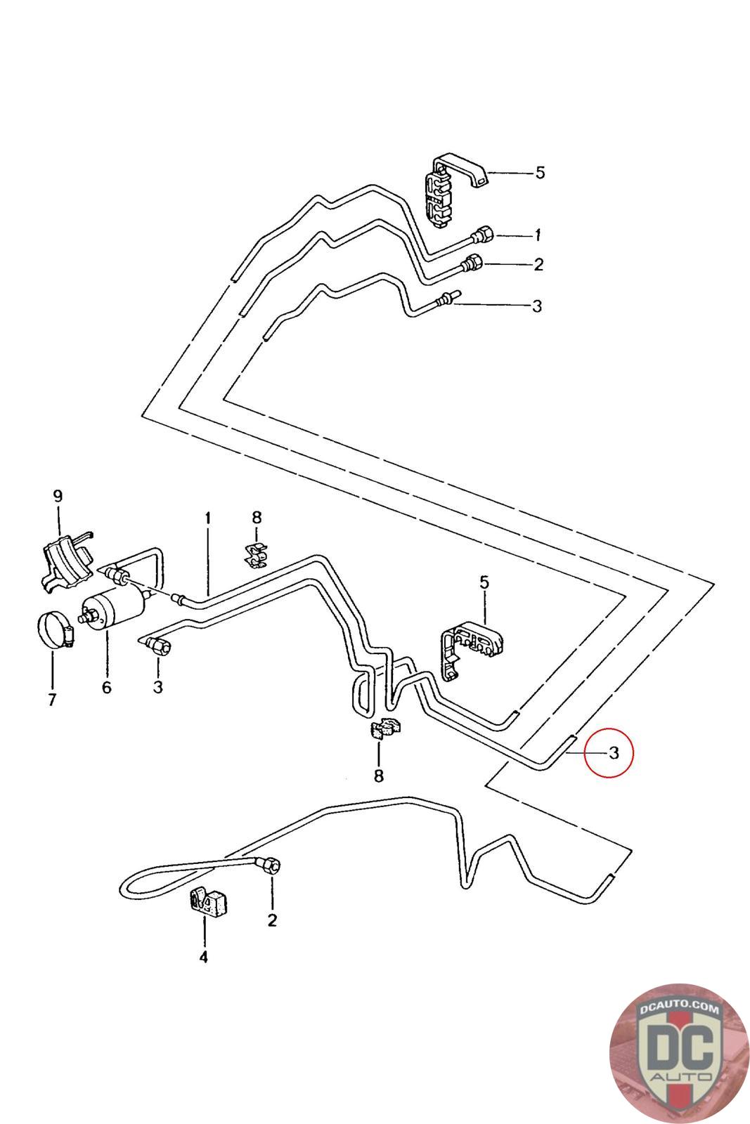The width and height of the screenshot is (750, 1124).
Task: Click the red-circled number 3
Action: [x=614, y=753]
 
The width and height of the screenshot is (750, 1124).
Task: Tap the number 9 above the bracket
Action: [x=58, y=496]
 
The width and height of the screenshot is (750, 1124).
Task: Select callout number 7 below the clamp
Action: [x=52, y=700]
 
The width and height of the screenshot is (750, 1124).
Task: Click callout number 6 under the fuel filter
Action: [x=106, y=686]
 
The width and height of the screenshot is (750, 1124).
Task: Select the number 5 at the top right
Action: [x=540, y=172]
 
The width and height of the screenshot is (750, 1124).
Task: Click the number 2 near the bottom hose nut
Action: [x=272, y=920]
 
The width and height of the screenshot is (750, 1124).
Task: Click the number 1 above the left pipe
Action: [x=208, y=518]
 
